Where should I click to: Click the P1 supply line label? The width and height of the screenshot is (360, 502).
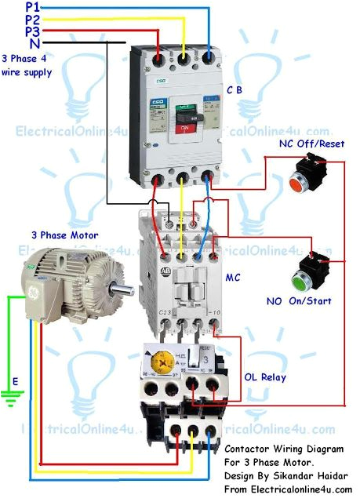click(x=33, y=6)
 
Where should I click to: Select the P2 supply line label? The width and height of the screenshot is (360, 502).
click(x=33, y=19)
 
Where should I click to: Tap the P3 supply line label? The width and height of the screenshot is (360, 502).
click(x=33, y=31)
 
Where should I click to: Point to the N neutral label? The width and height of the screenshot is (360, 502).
click(x=35, y=43)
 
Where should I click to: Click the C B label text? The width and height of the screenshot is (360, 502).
click(x=235, y=90)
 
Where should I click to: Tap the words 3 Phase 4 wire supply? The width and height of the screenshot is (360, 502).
click(x=27, y=66)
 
